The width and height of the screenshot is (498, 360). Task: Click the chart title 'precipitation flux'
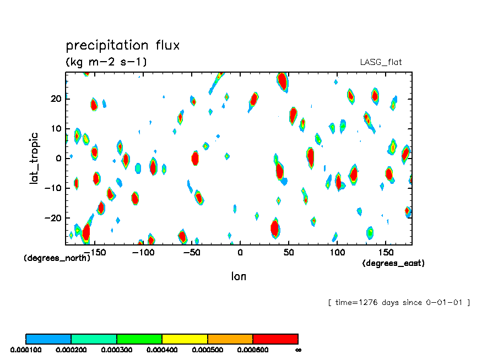coord(122,45)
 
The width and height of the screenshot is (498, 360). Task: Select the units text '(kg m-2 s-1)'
coord(106,62)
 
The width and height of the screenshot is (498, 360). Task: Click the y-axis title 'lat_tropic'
coord(35,158)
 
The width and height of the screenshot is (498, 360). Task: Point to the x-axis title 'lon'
coord(239,276)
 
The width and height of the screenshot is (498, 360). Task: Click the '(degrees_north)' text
coord(57,258)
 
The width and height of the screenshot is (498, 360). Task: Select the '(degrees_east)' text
coord(393,263)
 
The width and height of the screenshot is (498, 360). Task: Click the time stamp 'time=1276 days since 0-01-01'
coord(398,302)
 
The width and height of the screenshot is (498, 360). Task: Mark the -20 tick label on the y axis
coord(53,217)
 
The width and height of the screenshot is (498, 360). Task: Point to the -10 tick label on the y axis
coord(53,188)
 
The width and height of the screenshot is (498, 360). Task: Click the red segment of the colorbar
coord(275,339)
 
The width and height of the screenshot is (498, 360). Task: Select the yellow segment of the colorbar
coord(185,339)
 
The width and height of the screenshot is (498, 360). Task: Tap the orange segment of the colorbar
coord(230,339)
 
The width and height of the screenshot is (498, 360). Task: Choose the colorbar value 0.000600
coord(252,350)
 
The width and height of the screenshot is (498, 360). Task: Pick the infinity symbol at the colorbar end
coord(298,350)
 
